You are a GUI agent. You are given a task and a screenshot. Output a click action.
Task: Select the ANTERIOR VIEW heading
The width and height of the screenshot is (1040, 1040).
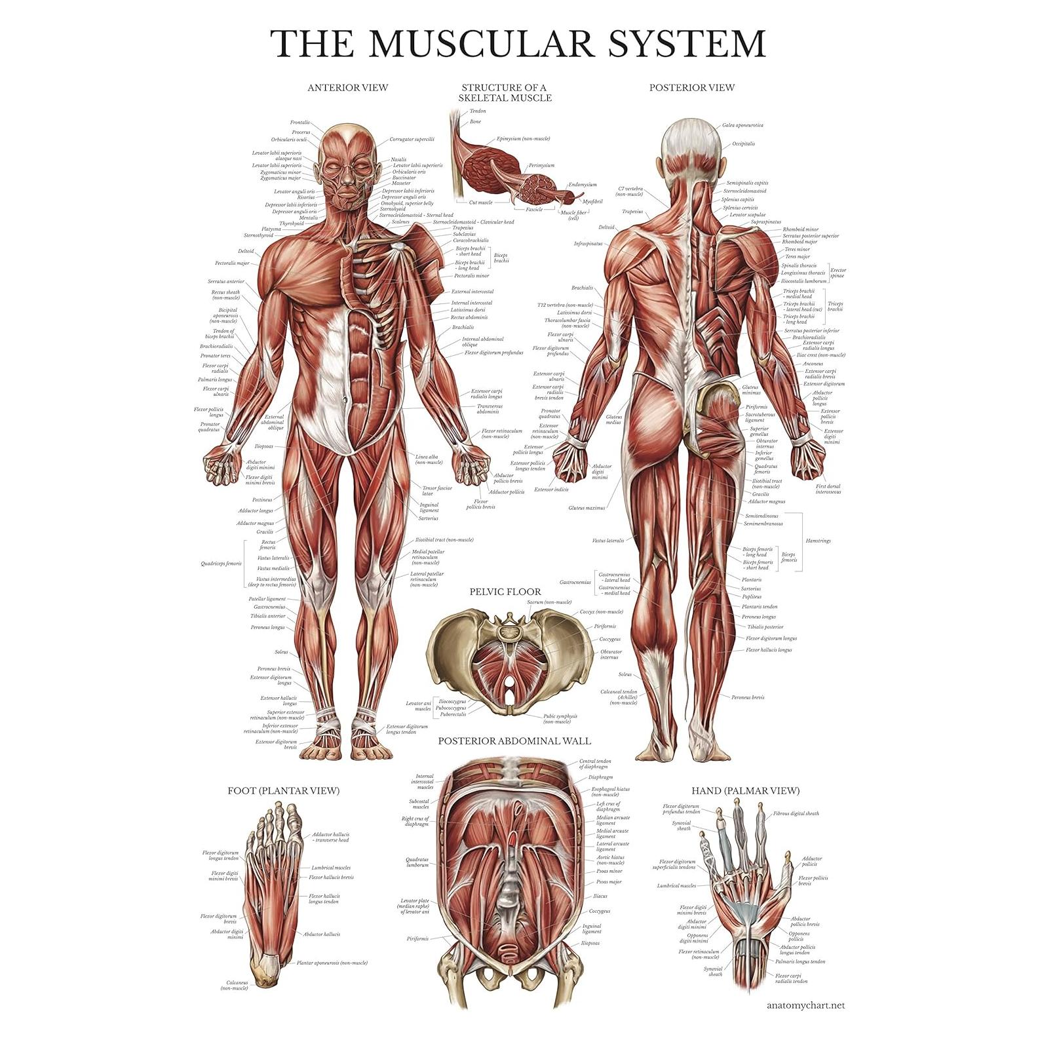click(x=347, y=87)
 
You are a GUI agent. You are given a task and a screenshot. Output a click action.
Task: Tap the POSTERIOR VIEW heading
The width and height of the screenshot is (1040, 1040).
click(x=691, y=87)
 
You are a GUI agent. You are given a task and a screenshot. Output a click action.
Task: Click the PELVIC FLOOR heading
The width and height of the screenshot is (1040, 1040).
click(x=505, y=591)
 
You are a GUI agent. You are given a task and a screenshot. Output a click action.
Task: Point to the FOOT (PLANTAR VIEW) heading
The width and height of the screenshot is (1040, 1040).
click(x=283, y=790)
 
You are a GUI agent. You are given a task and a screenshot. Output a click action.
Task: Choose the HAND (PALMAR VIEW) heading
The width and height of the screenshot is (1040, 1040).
click(x=745, y=790)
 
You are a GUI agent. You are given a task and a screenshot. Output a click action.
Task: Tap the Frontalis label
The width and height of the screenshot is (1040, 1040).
click(x=300, y=123)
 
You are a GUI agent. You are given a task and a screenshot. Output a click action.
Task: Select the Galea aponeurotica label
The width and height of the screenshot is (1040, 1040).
click(x=742, y=125)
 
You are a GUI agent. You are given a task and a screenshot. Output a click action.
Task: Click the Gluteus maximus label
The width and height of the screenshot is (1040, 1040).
click(x=587, y=507)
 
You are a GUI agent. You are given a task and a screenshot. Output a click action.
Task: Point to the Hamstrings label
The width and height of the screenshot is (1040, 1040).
click(x=818, y=541)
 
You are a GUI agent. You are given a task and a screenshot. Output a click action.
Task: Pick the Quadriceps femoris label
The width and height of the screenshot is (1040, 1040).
click(x=221, y=563)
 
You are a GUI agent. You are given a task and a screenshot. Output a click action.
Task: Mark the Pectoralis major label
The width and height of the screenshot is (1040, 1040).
click(x=232, y=263)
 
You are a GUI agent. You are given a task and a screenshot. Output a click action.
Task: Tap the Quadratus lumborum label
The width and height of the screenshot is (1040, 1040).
click(x=417, y=862)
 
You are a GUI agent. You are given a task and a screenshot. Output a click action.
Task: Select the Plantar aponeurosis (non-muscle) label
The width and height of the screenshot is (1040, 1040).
click(x=332, y=963)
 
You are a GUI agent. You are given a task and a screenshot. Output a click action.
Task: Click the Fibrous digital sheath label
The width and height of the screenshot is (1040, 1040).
click(x=796, y=813)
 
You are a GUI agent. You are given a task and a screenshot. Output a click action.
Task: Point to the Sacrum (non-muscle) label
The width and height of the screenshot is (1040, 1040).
click(x=549, y=602)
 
